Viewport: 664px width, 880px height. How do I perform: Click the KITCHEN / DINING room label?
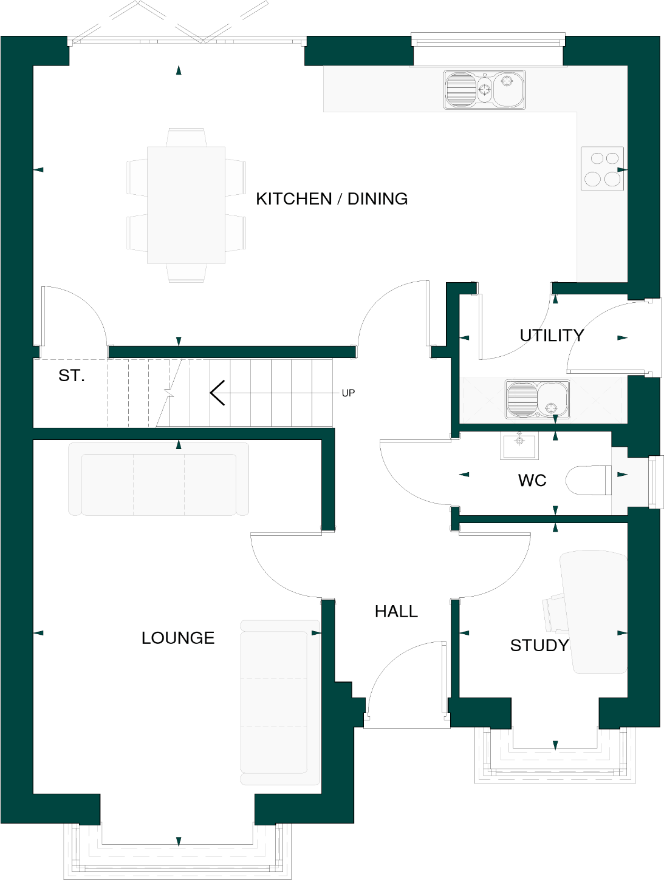[332, 199]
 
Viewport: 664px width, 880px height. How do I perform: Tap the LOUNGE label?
[178, 638]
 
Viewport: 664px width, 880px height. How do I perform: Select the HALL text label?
[396, 611]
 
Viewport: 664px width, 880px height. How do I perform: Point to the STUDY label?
[539, 645]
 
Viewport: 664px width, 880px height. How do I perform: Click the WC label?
[532, 481]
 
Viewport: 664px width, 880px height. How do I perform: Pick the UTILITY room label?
[551, 336]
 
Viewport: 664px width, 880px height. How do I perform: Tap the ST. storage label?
[71, 376]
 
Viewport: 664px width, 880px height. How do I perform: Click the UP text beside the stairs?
[348, 393]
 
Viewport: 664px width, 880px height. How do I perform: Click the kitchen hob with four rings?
[602, 169]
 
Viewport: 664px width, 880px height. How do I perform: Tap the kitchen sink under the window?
[484, 90]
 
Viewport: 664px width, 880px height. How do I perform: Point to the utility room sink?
[538, 399]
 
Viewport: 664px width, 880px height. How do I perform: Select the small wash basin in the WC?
[519, 446]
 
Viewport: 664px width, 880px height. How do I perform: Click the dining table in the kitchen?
[186, 205]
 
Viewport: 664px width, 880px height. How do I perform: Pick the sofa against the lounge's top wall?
[159, 479]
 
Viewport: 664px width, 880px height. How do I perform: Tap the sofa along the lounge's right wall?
[279, 702]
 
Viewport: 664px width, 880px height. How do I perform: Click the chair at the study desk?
[554, 612]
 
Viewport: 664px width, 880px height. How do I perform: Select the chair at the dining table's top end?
[186, 137]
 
